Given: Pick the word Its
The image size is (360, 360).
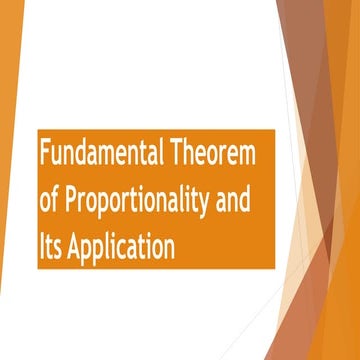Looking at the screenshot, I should click(51, 244).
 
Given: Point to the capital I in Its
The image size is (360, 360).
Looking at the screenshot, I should click(42, 244).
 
